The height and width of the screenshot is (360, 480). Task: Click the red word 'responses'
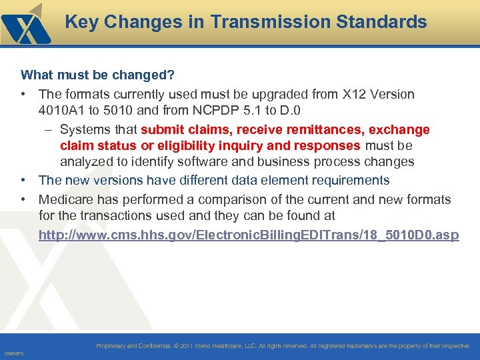click(x=327, y=145)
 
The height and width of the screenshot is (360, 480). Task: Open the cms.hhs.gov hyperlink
click(x=249, y=235)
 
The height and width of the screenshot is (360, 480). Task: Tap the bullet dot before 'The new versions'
click(x=23, y=181)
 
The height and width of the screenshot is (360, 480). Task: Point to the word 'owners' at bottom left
click(x=14, y=353)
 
